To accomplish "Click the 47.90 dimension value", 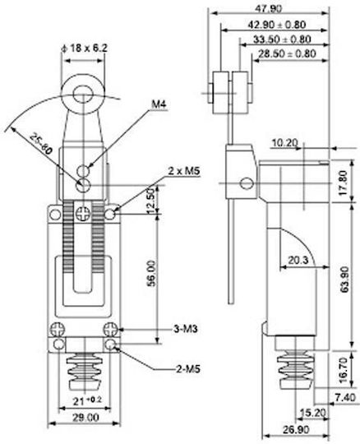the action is pos(268,9).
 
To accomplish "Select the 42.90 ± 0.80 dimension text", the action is pos(276,25).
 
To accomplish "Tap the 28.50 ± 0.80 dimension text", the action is pos(287,53).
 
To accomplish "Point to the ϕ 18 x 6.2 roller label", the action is pos(85,48).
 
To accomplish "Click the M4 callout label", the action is pos(159,104).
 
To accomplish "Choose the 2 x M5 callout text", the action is pos(184,171).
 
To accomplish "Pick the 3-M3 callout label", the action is pos(186,329).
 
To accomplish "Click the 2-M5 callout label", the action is pos(188,369).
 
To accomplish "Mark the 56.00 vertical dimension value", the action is pos(152,274).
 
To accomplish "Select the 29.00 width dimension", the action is pos(85,418).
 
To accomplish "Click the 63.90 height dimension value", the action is pos(344,280).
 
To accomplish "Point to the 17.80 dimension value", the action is pos(344,183).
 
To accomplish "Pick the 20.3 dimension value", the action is pos(298,260).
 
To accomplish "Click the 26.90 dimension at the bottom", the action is pos(296,430).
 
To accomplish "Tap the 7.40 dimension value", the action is pos(345,397).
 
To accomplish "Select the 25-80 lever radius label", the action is pos(41,143).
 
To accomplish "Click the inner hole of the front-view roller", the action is pos(84,95).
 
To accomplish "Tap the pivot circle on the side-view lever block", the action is pos(247,183).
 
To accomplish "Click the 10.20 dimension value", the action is pos(285,143).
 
